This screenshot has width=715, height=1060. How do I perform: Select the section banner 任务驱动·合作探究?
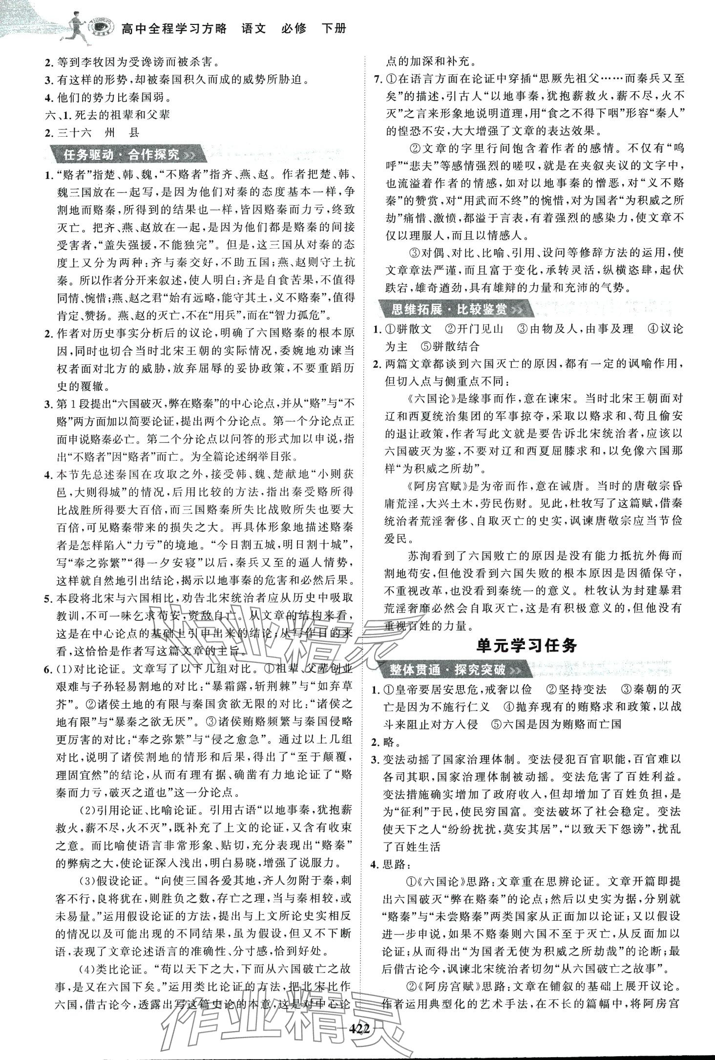(122, 155)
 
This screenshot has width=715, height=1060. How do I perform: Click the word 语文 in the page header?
(254, 28)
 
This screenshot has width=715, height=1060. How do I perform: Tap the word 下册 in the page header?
(335, 28)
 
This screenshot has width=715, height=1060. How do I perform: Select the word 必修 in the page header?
(294, 28)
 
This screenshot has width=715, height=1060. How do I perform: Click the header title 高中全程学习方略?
(174, 28)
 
